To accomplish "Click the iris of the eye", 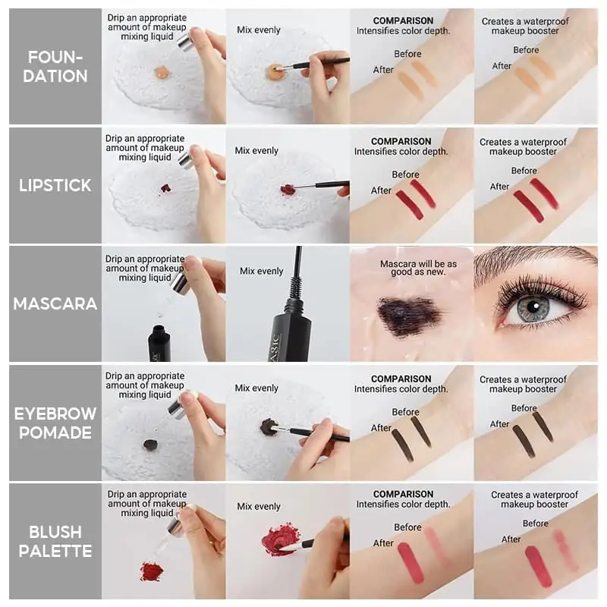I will click(533, 308).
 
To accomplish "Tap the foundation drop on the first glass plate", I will click(161, 72).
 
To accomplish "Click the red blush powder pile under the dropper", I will click(152, 571).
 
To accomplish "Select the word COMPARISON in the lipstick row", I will click(401, 141).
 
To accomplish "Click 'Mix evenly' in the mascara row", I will click(261, 271).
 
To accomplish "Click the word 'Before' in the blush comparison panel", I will click(407, 527).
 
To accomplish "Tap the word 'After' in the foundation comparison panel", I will click(383, 70).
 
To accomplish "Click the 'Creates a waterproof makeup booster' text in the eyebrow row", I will click(523, 384).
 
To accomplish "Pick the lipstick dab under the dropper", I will click(165, 187).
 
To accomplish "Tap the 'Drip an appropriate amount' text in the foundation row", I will click(146, 27).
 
